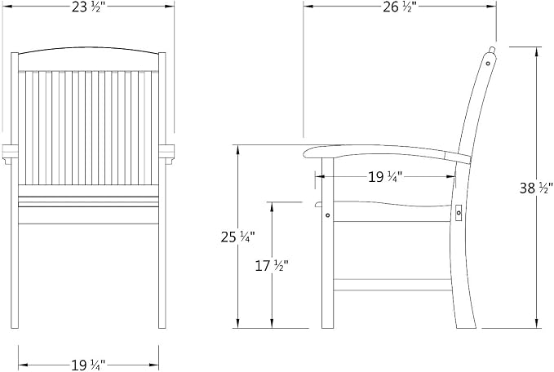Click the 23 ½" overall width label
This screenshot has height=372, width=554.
coord(88,7)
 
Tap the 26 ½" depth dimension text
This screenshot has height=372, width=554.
coord(400,7)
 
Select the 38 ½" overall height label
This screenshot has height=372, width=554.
coord(535,188)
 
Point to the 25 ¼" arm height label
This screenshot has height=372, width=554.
coord(237,237)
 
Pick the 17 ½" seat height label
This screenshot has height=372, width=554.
coord(272,266)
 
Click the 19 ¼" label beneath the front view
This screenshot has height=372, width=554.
coord(88,365)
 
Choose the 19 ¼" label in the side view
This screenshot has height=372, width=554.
coord(385,177)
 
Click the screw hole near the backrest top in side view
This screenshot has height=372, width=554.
coord(488,64)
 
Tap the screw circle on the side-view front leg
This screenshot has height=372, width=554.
coord(327,215)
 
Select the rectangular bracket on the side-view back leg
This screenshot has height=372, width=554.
coord(459,213)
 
